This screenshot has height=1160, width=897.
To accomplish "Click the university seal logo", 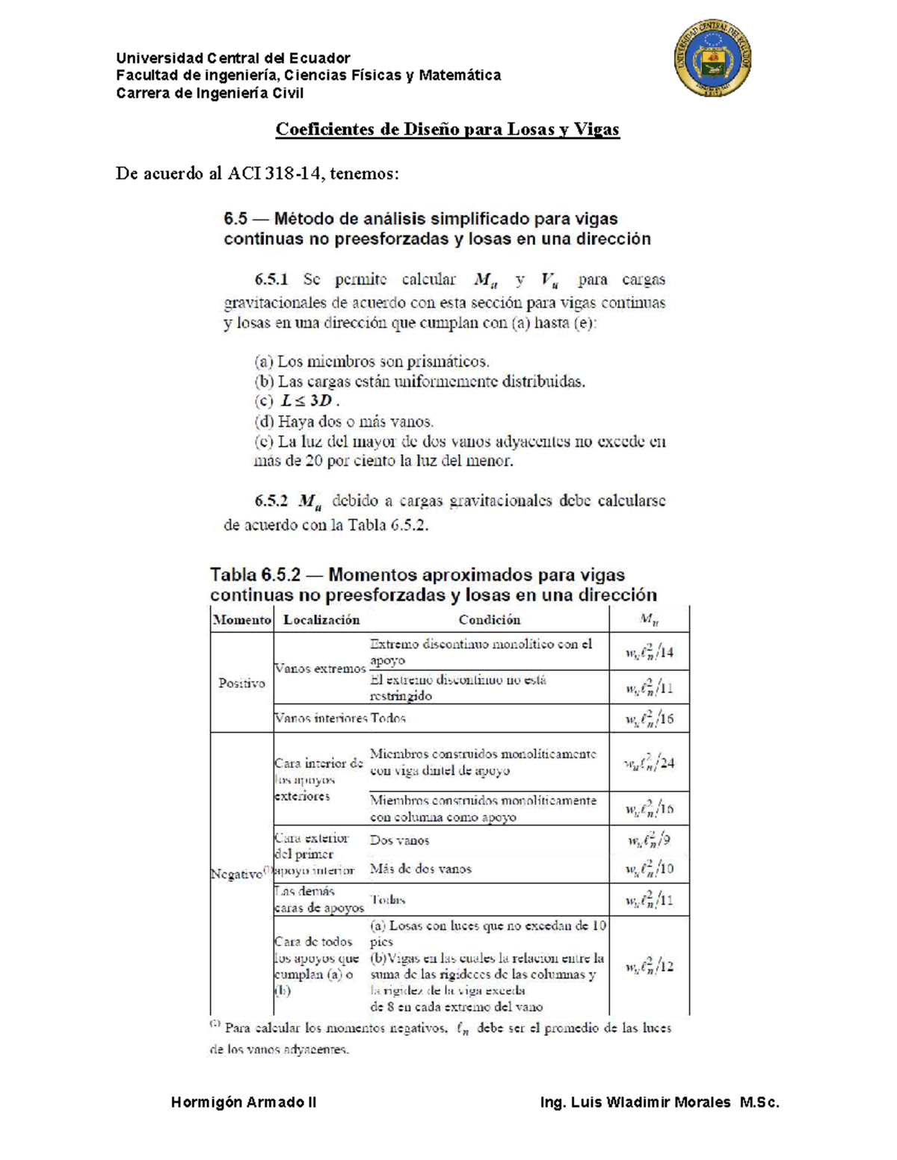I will (712, 59).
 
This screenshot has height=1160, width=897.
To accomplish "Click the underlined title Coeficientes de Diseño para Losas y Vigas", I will (447, 129).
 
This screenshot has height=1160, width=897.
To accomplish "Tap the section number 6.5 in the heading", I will (235, 219).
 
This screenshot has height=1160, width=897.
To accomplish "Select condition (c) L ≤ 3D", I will (298, 400).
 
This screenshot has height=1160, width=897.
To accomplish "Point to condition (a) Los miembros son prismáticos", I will (372, 362).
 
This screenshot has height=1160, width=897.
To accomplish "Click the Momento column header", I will (241, 619).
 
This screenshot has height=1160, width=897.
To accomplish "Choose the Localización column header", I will (321, 619).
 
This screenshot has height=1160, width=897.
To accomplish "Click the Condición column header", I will (489, 619).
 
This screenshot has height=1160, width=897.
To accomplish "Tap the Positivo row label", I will (241, 683).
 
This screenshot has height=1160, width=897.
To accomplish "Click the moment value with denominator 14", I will (649, 652).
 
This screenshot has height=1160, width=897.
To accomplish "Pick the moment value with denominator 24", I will (649, 763).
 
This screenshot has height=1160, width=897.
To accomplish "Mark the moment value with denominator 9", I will (649, 840).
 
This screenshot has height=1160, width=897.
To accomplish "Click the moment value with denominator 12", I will (649, 966).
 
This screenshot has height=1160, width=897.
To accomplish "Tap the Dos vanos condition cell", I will (399, 840).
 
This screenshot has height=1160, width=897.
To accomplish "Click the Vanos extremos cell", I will (320, 669).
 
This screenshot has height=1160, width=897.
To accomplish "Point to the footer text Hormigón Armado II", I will (244, 1102).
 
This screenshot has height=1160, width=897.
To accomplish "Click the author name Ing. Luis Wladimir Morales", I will (635, 1102).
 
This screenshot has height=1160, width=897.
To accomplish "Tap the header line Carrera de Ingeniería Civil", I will (209, 93).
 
